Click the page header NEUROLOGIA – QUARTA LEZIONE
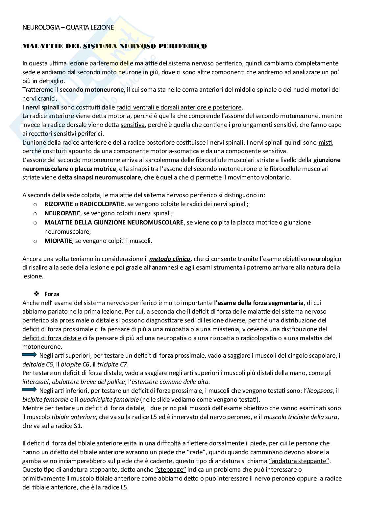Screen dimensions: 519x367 [68, 28]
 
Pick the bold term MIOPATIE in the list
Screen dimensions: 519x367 [58, 241]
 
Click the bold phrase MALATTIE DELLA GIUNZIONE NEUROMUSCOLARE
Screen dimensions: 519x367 [114, 223]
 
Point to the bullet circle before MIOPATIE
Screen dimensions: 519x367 [36, 241]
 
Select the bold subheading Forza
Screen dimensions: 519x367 [52, 294]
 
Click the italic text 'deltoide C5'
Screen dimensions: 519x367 [37, 364]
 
